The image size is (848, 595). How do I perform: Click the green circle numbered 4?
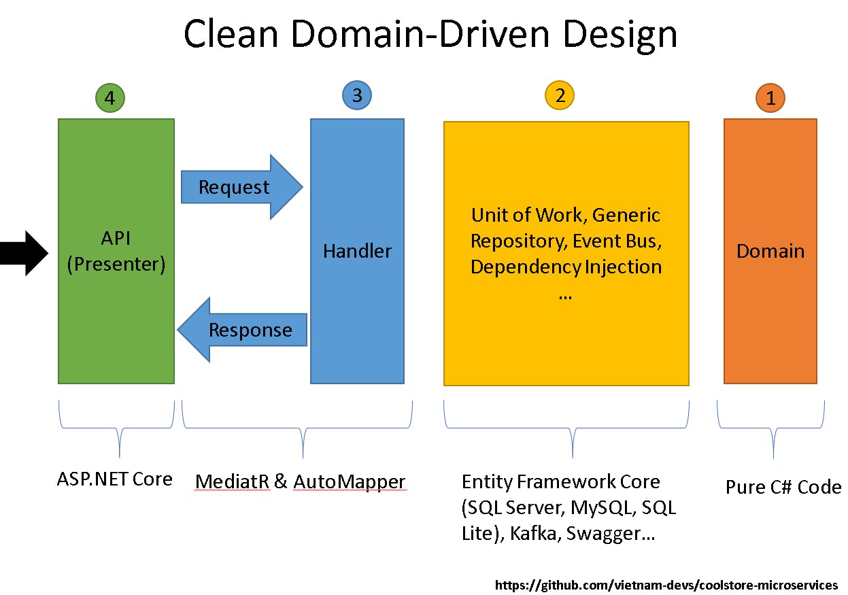(111, 99)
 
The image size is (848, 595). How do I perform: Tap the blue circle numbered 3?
(357, 95)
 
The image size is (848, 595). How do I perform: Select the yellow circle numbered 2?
(560, 95)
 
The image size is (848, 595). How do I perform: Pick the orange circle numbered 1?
(770, 99)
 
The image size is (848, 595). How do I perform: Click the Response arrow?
(245, 330)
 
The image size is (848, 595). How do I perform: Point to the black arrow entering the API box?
(24, 253)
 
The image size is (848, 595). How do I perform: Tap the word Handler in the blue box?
(357, 251)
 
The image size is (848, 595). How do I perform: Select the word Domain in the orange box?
(770, 251)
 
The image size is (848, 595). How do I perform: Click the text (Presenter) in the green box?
(116, 264)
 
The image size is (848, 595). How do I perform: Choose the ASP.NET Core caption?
(114, 479)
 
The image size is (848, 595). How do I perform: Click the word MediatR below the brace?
(232, 482)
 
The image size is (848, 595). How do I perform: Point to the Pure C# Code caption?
(783, 487)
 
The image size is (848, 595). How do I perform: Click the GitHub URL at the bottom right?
(666, 585)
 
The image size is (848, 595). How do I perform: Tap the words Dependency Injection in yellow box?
(566, 267)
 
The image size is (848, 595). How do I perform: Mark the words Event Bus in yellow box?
(616, 241)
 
